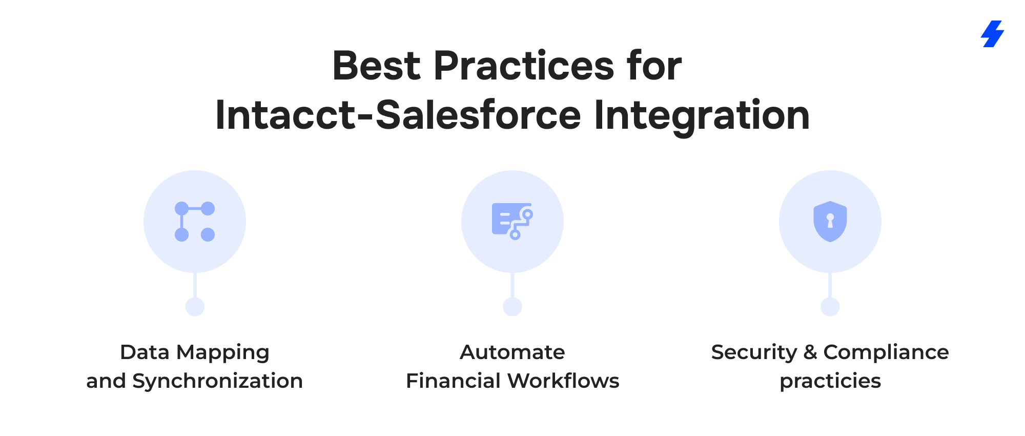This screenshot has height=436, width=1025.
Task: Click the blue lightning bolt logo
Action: [x=993, y=34]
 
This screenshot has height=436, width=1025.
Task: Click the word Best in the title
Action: [x=377, y=66]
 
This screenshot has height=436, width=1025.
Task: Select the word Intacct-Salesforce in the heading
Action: [x=398, y=115]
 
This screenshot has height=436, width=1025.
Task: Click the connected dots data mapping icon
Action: [x=195, y=222]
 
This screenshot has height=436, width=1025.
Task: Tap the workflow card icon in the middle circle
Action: [x=512, y=221]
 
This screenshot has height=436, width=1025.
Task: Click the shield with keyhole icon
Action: [x=830, y=222]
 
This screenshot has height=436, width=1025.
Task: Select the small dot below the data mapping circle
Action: [x=195, y=307]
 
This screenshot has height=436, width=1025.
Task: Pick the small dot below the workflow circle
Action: [x=512, y=307]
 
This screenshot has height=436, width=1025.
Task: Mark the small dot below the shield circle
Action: [x=830, y=307]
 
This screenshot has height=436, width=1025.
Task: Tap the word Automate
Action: [x=512, y=352]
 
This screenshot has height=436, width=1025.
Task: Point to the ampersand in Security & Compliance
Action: [x=810, y=352]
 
